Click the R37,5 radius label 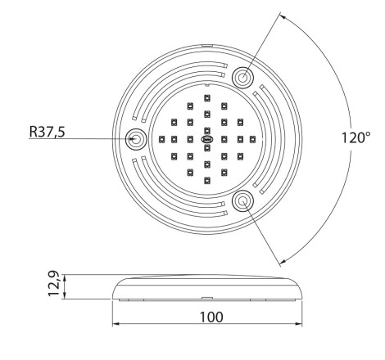(x=48, y=132)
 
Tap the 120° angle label (x=356, y=137)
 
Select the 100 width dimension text (x=211, y=317)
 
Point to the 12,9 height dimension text (x=53, y=283)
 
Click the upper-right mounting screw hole (x=242, y=78)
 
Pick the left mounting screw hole (x=136, y=139)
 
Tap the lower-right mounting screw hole (x=242, y=201)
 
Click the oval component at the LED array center (x=207, y=139)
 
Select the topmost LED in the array (x=207, y=97)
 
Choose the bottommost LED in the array (x=207, y=181)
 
